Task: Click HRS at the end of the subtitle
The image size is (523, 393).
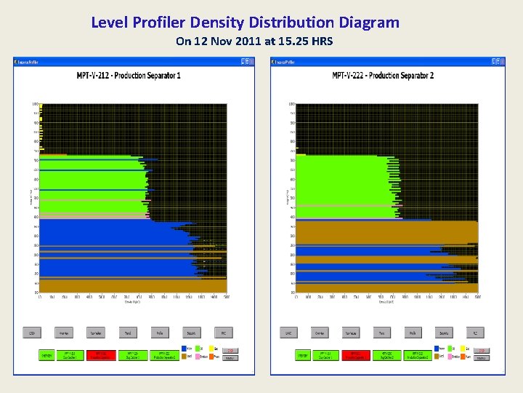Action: tap(320, 41)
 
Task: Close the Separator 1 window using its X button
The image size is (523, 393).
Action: tap(251, 62)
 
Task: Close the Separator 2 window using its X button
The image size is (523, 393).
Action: tap(501, 62)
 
